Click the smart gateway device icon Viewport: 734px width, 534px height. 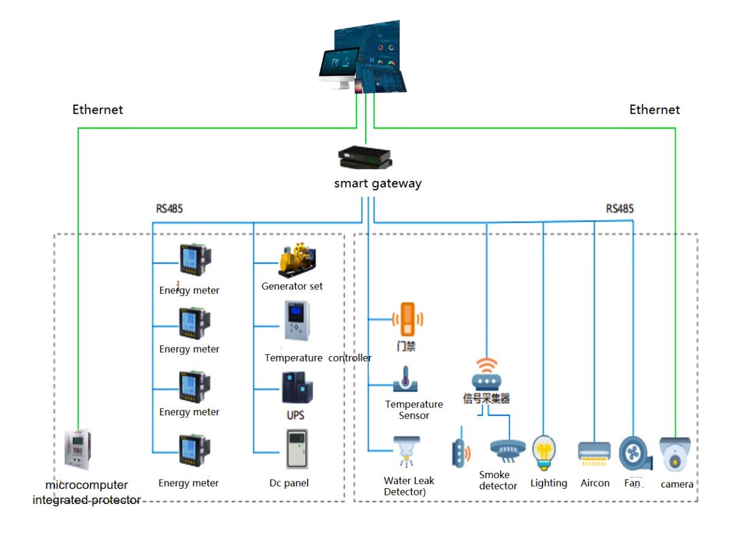(x=366, y=158)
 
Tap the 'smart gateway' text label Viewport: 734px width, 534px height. (x=377, y=184)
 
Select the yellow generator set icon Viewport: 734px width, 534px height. (x=297, y=260)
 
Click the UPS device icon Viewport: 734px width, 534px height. (x=297, y=388)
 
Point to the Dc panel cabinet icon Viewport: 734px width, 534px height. (x=297, y=450)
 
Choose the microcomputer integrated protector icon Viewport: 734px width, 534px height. (x=79, y=450)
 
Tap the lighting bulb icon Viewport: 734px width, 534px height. (x=543, y=453)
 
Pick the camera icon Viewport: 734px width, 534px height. (x=675, y=453)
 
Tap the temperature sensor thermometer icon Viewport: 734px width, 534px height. (x=405, y=379)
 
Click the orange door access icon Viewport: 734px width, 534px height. (x=407, y=319)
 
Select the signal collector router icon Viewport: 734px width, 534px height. (x=486, y=374)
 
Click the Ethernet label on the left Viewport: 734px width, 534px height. (x=98, y=110)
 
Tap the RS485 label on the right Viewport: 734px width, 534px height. (x=620, y=209)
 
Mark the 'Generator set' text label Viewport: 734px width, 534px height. (x=292, y=286)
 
